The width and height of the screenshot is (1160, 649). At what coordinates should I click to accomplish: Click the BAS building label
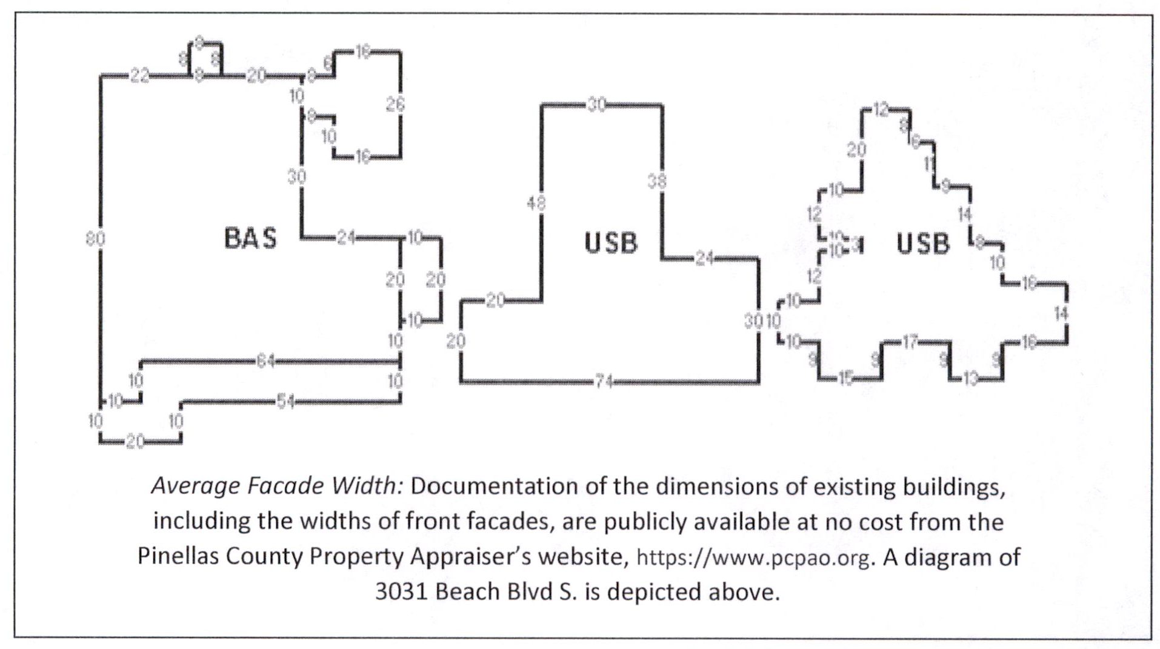[250, 238]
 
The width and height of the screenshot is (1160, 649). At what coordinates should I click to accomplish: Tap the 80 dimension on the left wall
[95, 239]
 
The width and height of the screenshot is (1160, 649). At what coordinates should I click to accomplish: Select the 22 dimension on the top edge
[139, 76]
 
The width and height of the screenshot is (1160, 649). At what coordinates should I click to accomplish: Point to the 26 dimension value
[395, 104]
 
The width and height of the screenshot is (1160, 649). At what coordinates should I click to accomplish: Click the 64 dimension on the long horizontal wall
[265, 362]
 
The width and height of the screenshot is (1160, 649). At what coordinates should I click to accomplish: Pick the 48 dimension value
[536, 204]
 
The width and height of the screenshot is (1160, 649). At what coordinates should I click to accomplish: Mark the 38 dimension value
[657, 181]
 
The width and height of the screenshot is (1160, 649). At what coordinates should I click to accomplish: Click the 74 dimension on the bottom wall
[604, 382]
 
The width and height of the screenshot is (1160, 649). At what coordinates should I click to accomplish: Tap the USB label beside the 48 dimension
[611, 243]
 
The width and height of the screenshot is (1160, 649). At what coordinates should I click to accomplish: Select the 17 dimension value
[910, 342]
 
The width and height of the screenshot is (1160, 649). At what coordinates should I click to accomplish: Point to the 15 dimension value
[845, 379]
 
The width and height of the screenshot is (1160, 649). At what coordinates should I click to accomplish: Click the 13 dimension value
[970, 379]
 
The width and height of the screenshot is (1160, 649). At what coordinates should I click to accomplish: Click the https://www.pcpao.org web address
[753, 557]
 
